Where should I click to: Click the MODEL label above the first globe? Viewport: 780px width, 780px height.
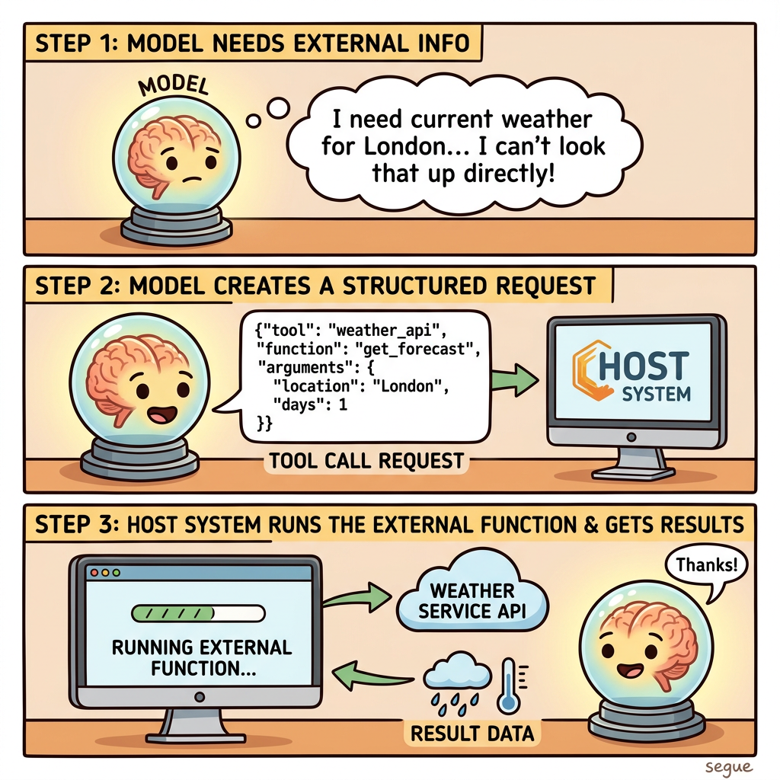click(173, 86)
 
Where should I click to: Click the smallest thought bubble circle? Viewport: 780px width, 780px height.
click(253, 121)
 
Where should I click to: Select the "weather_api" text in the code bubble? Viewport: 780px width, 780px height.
click(384, 330)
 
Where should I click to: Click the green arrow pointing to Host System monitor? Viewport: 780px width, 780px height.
click(515, 379)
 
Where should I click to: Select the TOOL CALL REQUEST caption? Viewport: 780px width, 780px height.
click(366, 461)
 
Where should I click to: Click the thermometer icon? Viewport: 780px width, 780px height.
click(509, 687)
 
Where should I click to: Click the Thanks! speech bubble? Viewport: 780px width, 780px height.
click(706, 567)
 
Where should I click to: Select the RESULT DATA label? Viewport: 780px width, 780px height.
click(472, 734)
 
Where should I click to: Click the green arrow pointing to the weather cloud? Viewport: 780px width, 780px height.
click(357, 597)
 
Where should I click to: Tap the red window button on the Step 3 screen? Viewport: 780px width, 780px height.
click(94, 573)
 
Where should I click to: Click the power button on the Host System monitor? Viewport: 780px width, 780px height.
click(631, 437)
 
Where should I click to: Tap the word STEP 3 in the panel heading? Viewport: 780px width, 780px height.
click(74, 524)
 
